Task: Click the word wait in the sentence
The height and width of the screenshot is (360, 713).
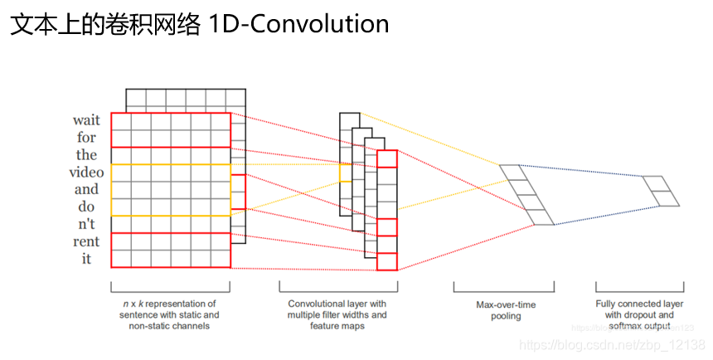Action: [86, 120]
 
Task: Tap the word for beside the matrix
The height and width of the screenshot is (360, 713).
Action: [87, 138]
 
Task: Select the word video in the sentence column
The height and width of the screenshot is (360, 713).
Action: [86, 173]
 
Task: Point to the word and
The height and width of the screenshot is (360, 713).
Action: [87, 189]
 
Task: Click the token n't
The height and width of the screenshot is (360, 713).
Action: [87, 224]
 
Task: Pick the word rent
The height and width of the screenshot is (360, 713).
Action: [86, 241]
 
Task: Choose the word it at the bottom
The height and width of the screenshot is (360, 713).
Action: [87, 259]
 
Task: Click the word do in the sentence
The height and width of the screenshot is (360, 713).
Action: [87, 207]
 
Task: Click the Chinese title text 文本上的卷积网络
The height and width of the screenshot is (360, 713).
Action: [105, 24]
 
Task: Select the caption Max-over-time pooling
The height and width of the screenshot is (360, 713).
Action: [505, 310]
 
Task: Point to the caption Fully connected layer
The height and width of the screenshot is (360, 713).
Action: [639, 315]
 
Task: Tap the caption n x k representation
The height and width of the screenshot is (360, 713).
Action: [170, 315]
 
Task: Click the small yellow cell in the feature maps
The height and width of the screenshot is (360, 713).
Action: [346, 173]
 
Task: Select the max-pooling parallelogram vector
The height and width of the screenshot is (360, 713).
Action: [526, 195]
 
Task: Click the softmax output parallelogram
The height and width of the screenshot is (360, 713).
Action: [660, 192]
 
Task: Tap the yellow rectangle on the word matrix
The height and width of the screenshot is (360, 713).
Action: [170, 190]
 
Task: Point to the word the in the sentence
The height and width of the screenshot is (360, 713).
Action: [87, 155]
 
